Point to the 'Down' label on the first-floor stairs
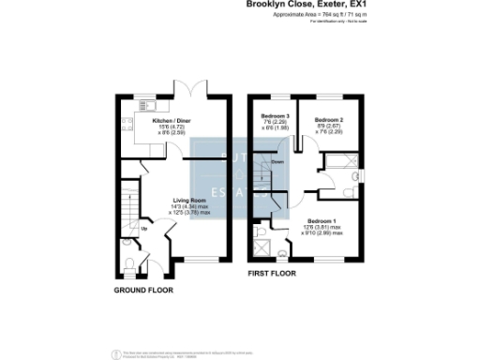[277, 162]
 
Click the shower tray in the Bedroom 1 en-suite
[264, 249]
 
